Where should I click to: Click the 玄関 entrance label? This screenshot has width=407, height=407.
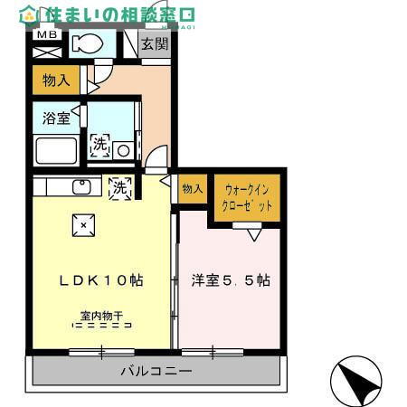pyautogui.click(x=155, y=44)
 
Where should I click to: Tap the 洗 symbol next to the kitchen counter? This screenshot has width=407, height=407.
pyautogui.click(x=119, y=188)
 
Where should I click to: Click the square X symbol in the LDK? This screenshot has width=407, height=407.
pyautogui.click(x=83, y=224)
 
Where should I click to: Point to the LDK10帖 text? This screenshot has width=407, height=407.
pyautogui.click(x=101, y=280)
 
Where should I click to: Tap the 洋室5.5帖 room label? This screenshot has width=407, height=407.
pyautogui.click(x=230, y=280)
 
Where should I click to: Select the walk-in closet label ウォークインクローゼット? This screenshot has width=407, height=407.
pyautogui.click(x=247, y=198)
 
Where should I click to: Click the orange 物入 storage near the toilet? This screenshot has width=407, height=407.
pyautogui.click(x=57, y=80)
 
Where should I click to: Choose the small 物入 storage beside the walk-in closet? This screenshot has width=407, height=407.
pyautogui.click(x=192, y=188)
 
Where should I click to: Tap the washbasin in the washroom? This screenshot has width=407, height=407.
pyautogui.click(x=125, y=149)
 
